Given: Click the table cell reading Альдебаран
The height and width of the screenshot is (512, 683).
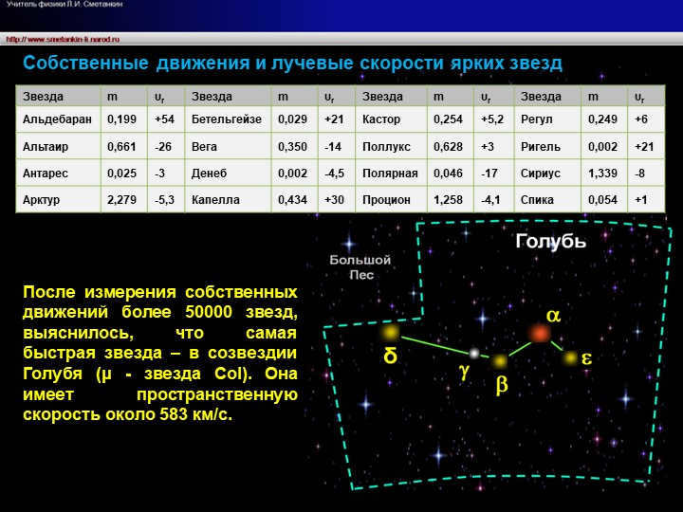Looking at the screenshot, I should [x=57, y=120].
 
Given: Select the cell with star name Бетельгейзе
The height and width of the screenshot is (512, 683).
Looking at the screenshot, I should [x=226, y=120].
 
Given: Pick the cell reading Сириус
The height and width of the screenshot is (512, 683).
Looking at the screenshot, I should [x=541, y=174].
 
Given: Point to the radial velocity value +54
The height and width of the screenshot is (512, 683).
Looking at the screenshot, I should [x=165, y=120].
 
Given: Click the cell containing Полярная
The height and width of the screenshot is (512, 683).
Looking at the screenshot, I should [x=390, y=174].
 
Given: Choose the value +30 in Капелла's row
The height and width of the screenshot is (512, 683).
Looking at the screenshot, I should [x=334, y=200].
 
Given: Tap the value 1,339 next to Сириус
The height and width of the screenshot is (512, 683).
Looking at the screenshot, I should [x=602, y=174].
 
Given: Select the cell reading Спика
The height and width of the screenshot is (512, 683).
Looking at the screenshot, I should [x=538, y=200].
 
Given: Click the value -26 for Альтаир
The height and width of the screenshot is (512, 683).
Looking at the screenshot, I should [x=163, y=147].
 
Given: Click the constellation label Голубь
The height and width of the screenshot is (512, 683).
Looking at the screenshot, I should [x=550, y=241].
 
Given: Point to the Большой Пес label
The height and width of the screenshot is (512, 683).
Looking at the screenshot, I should [x=360, y=266].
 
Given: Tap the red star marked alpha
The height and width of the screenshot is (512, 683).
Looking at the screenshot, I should [x=540, y=333].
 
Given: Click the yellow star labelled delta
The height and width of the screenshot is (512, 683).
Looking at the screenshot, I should [x=390, y=333].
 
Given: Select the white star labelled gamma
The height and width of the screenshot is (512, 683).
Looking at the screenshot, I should [x=473, y=353].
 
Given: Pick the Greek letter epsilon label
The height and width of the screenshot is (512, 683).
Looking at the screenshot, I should [x=586, y=358].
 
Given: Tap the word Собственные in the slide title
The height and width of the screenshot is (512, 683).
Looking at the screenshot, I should [x=85, y=64].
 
